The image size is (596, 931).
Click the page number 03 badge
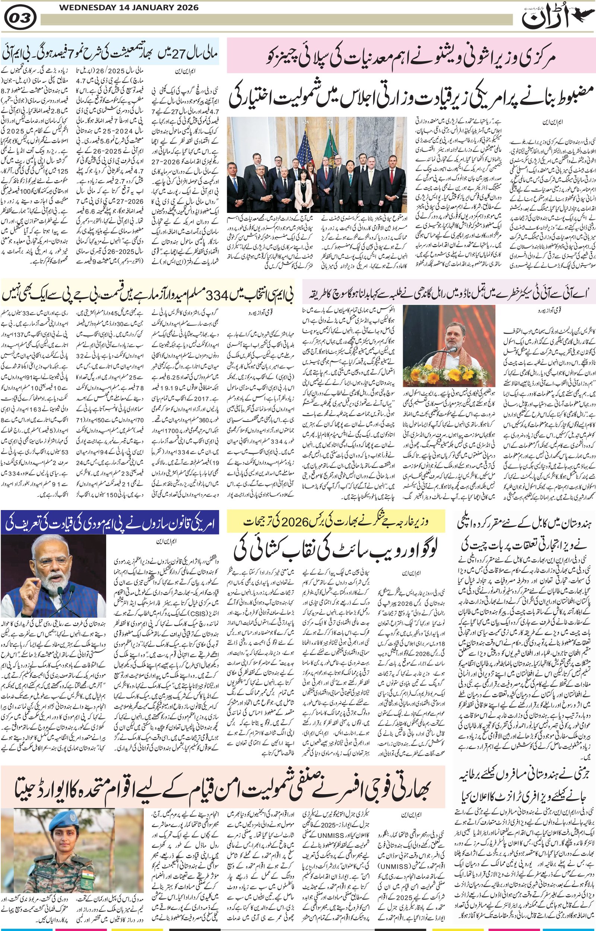(x=20, y=18)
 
